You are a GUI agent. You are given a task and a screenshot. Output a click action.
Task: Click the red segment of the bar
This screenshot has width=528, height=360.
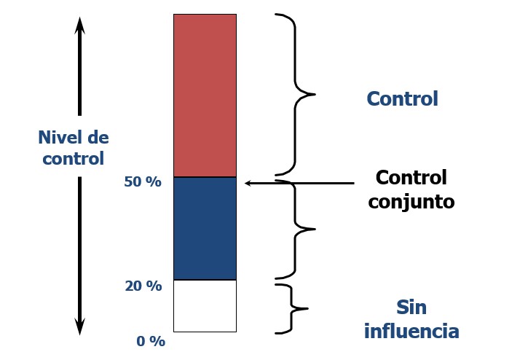click(x=205, y=95)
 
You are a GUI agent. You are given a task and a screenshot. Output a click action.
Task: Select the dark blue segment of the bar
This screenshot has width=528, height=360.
click(x=205, y=228)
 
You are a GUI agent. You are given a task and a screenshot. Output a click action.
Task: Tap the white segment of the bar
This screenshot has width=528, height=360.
click(x=205, y=305)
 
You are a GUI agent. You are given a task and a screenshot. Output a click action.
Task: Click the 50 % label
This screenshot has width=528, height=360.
click(x=143, y=182)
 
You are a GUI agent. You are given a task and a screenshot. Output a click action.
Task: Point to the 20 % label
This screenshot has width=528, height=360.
click(x=143, y=286)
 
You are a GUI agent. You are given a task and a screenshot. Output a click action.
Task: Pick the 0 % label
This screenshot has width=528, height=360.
click(x=151, y=341)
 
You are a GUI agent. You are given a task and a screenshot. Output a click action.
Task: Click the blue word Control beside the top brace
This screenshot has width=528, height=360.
click(x=402, y=99)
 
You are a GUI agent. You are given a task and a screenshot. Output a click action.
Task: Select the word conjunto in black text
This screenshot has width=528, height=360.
click(x=411, y=202)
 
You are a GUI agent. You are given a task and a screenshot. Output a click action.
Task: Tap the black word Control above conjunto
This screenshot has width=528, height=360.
click(x=411, y=178)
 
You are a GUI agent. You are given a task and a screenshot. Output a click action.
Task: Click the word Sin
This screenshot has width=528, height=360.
click(x=411, y=307)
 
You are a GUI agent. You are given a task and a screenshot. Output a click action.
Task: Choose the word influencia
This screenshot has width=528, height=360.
click(x=411, y=332)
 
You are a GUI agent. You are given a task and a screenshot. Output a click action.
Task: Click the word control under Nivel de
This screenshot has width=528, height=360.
click(x=73, y=159)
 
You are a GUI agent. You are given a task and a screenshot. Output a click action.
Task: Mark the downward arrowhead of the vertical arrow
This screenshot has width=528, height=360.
click(x=80, y=326)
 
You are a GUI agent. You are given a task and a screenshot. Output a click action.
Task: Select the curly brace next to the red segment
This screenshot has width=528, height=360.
click(x=296, y=94)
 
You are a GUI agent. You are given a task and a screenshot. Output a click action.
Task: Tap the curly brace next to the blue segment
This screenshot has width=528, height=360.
click(x=296, y=229)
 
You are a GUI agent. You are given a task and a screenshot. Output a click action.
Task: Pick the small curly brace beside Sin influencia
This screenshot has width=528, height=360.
click(x=293, y=308)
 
